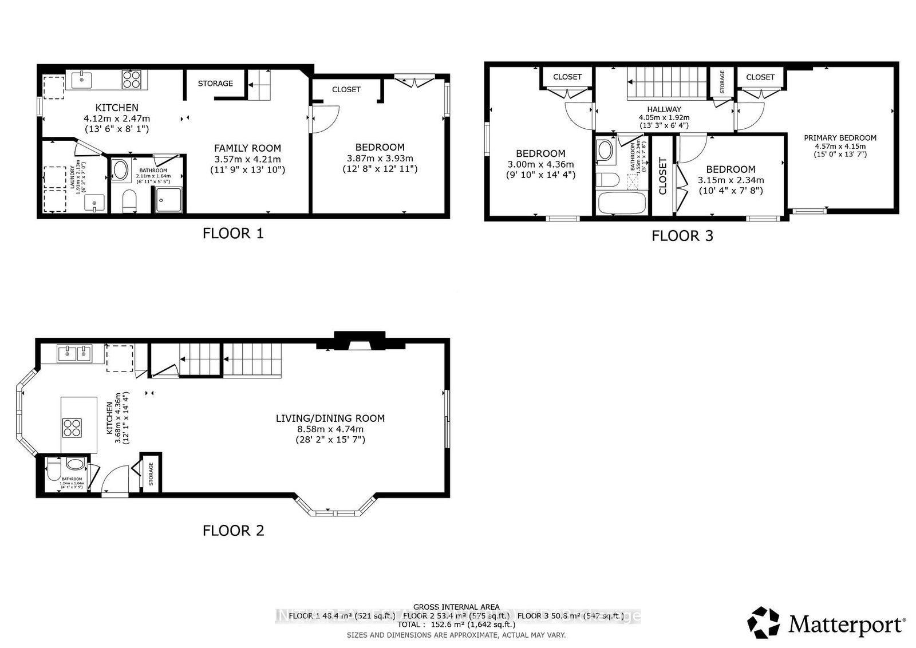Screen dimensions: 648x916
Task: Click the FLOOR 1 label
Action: (233, 234)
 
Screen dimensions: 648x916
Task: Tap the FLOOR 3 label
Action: (682, 236)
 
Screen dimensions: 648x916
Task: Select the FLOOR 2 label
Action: (233, 531)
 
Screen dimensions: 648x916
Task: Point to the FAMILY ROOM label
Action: (247, 148)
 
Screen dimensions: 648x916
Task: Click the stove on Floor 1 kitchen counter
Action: (132, 80)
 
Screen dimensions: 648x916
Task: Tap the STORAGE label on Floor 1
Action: (215, 84)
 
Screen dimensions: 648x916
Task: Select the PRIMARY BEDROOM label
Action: (840, 138)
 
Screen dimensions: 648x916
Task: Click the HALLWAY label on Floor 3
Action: (664, 109)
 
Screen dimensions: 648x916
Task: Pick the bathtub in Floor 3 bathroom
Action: (621, 203)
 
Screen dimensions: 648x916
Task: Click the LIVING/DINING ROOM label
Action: (330, 418)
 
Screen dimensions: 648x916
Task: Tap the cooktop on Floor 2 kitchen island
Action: (72, 428)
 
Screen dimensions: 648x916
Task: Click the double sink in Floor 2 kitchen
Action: (75, 354)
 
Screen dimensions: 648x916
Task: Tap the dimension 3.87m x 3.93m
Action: (380, 159)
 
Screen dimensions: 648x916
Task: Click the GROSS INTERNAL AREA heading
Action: (456, 607)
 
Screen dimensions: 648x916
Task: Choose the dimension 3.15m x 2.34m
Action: (731, 180)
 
